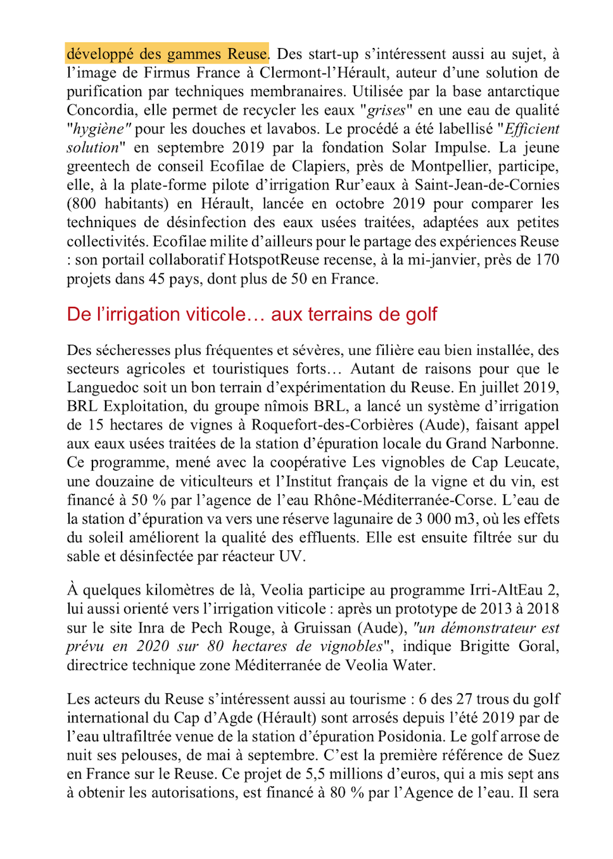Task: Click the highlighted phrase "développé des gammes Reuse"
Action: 167,54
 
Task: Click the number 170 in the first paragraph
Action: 547,260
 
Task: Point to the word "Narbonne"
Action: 525,444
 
